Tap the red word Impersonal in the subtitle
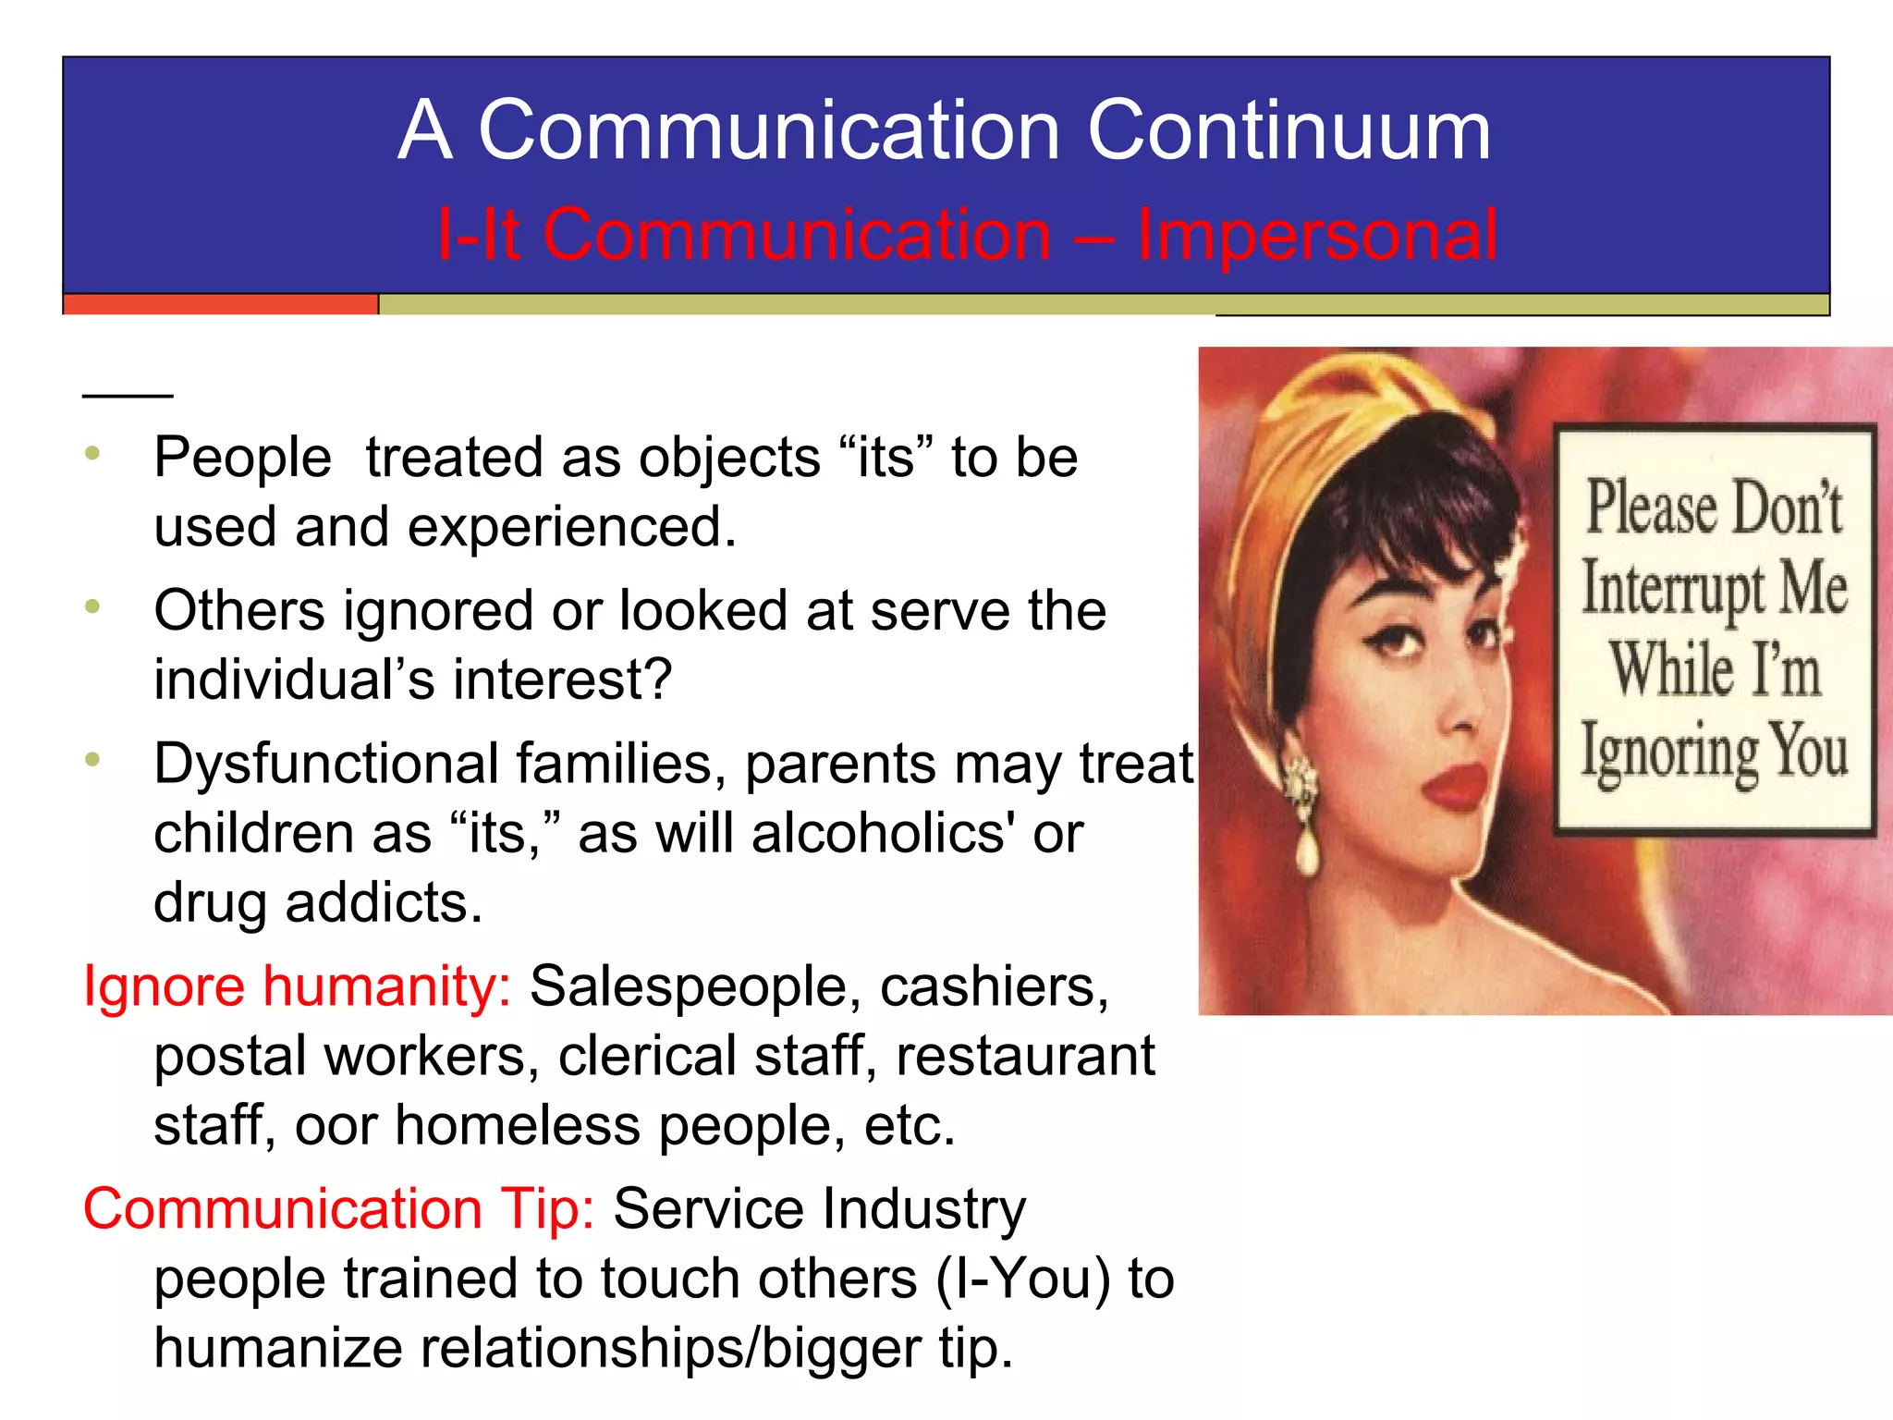tap(1316, 235)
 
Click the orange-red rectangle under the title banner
tap(220, 304)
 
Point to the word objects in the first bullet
tap(728, 458)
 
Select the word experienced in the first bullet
tap(571, 527)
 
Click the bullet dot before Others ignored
tap(92, 607)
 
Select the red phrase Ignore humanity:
tap(297, 986)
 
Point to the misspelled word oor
tap(336, 1126)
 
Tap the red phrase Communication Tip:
tap(338, 1209)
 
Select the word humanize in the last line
tap(277, 1349)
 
